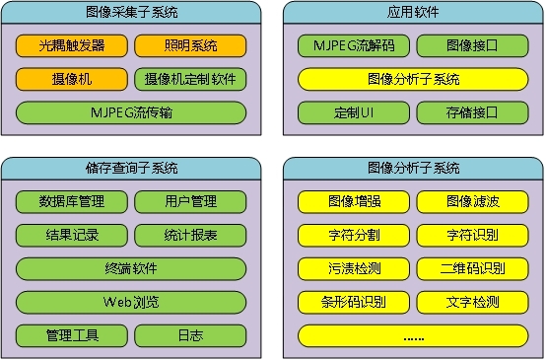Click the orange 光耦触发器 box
pos(73,46)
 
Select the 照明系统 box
pos(190,46)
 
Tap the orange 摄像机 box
pos(73,79)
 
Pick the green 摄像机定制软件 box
pos(190,79)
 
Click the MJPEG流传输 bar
pos(131,112)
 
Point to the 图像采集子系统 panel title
pos(131,13)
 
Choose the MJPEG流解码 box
pos(354,46)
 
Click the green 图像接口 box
pos(471,46)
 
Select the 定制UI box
pos(354,112)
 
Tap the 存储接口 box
pos(471,112)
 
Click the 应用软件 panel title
pos(413,13)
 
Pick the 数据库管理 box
pos(73,202)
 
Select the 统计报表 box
pos(190,236)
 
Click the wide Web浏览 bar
pos(131,302)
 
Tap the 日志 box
pos(190,335)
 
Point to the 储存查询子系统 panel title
pos(131,169)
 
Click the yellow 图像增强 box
pos(354,202)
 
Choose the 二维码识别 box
pos(471,268)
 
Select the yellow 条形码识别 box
pos(354,302)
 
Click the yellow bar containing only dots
pos(413,335)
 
